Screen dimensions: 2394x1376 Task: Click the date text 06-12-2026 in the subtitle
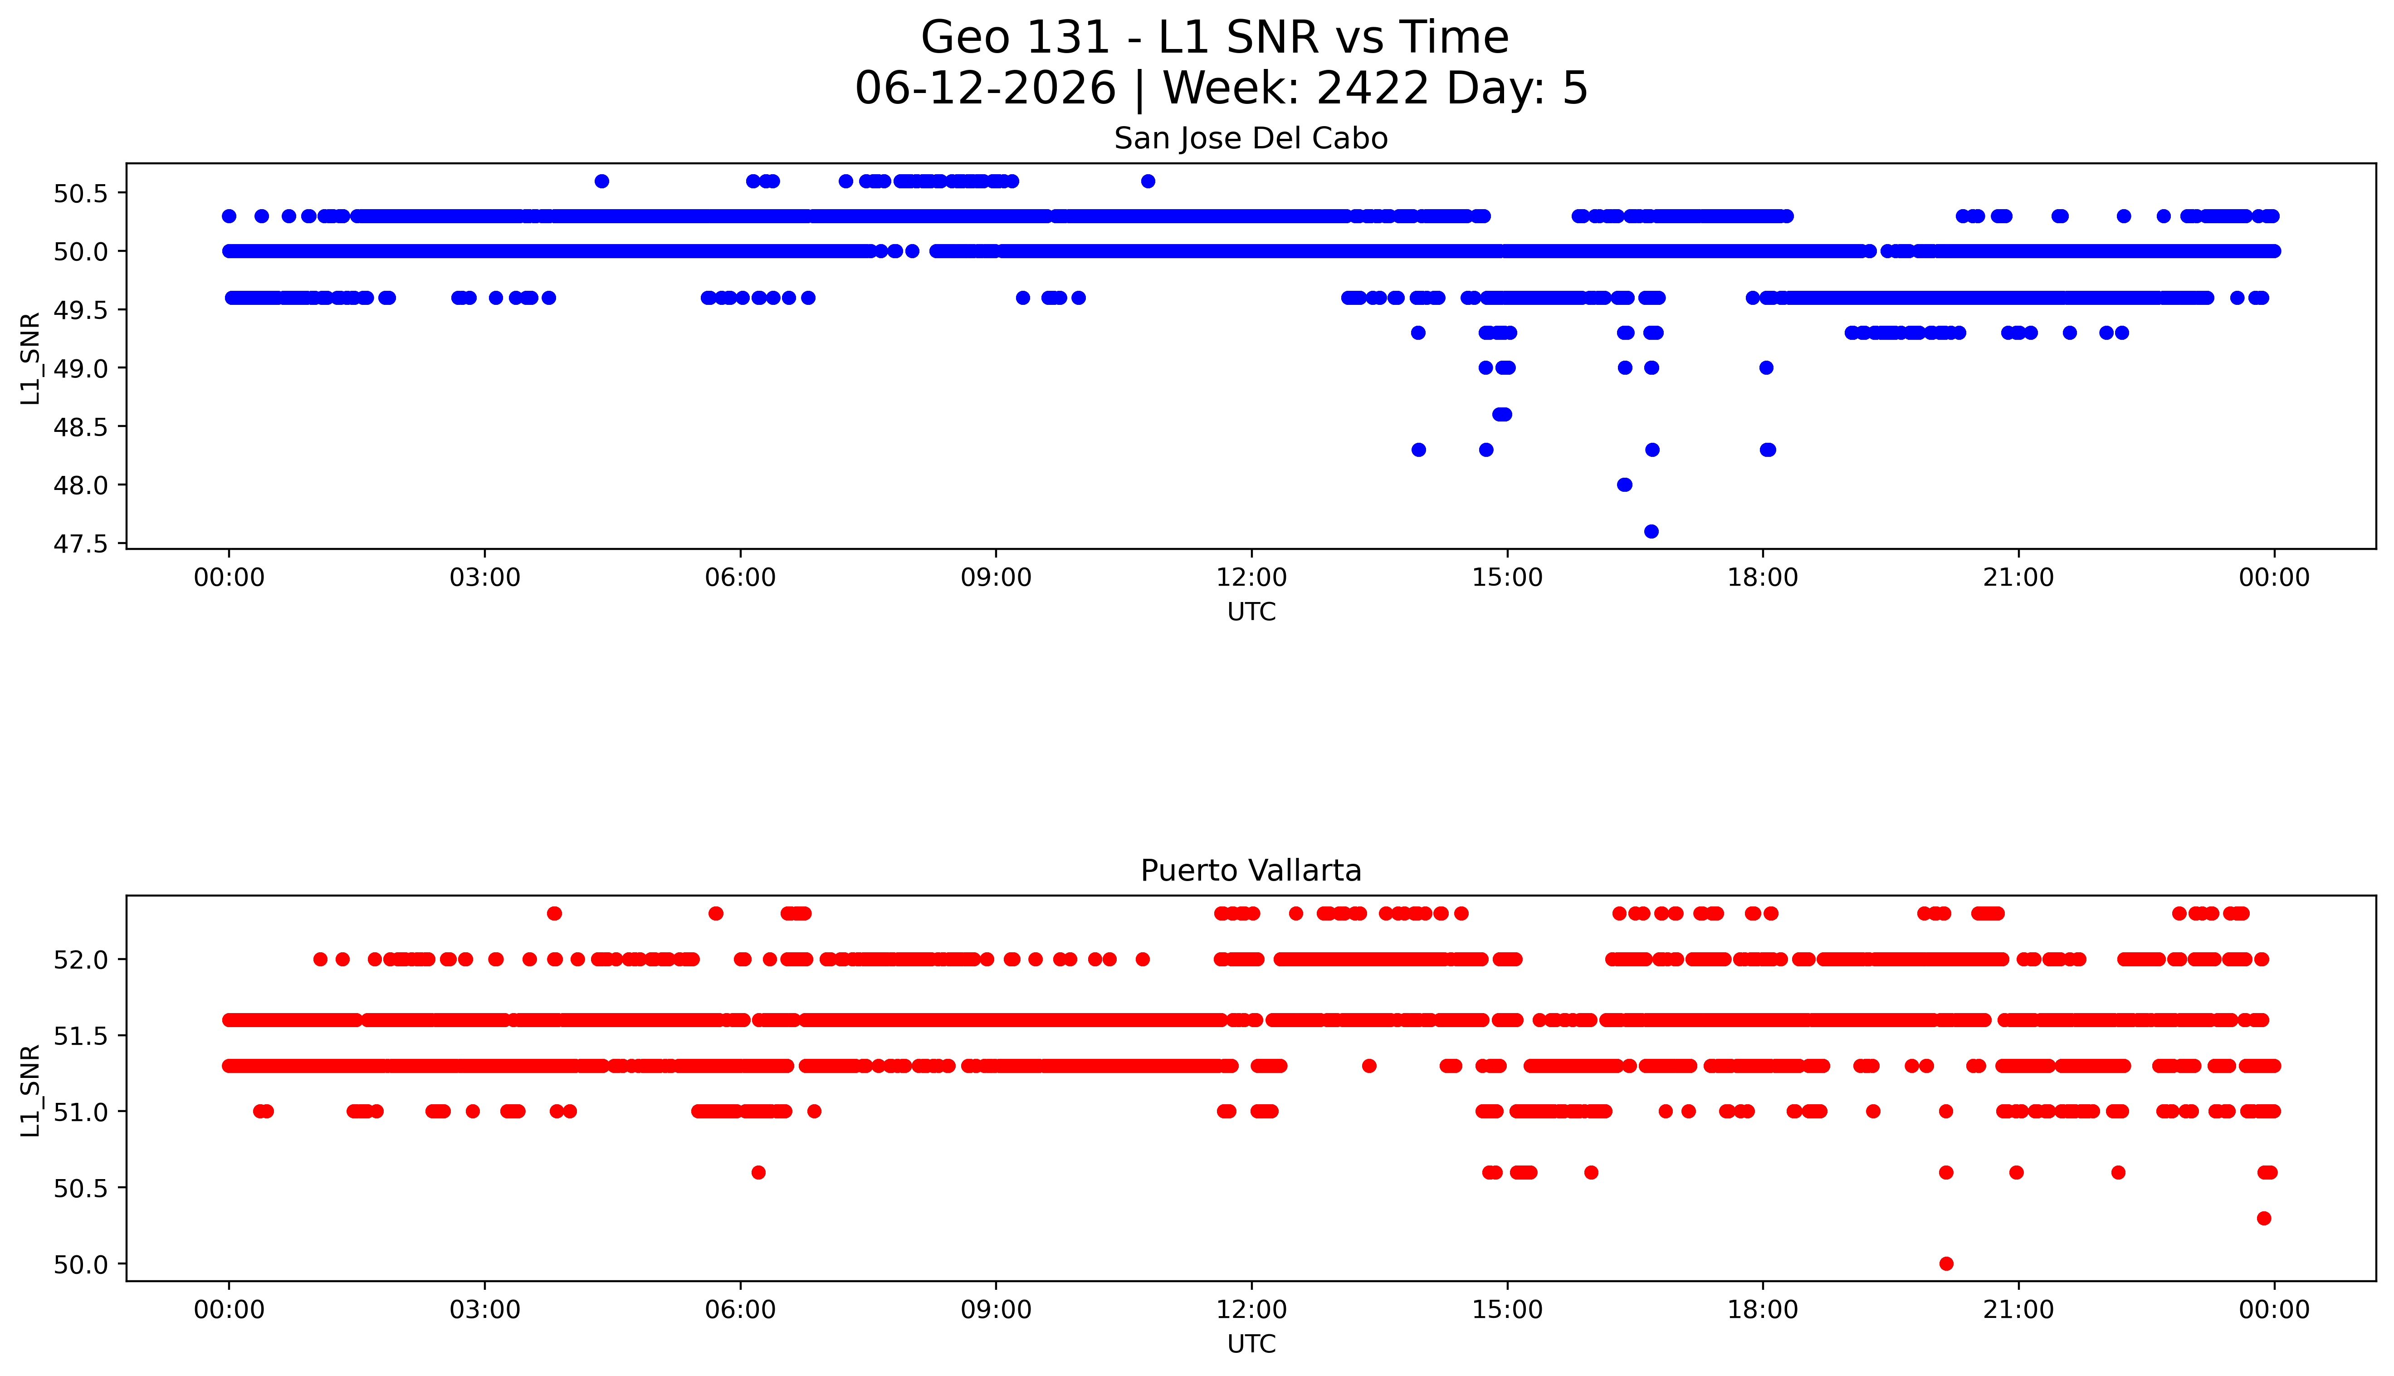[985, 89]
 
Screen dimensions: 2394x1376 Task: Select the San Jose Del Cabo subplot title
[1251, 139]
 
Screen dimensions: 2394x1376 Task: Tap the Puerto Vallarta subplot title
[1251, 871]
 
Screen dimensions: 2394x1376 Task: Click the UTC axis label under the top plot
[1251, 612]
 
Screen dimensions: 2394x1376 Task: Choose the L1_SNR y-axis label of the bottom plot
[30, 1091]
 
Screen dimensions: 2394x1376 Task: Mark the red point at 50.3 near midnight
[2264, 1218]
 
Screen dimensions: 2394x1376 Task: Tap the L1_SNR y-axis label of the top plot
[30, 358]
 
